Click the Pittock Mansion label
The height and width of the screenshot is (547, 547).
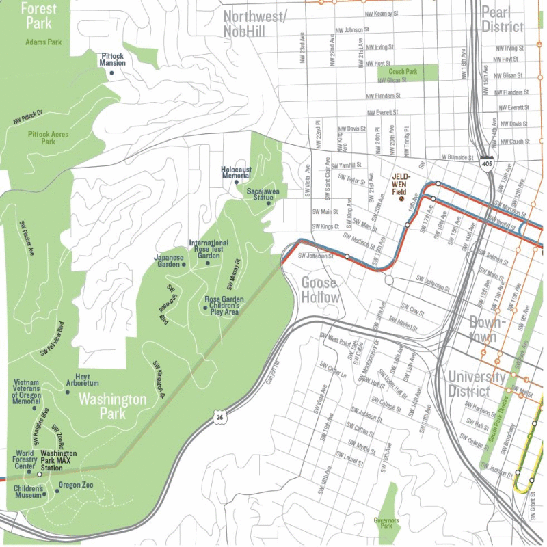pyautogui.click(x=114, y=59)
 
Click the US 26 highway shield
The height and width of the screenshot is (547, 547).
pyautogui.click(x=217, y=416)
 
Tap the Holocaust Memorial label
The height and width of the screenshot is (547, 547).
pyautogui.click(x=236, y=172)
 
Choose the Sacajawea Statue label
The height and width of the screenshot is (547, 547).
pyautogui.click(x=263, y=195)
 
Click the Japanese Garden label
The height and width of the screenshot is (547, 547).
pyautogui.click(x=168, y=261)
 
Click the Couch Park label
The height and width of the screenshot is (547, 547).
pyautogui.click(x=403, y=71)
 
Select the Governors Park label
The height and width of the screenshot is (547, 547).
pyautogui.click(x=386, y=523)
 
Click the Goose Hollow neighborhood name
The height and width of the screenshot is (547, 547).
pyautogui.click(x=320, y=290)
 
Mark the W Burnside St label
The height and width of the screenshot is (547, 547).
pyautogui.click(x=457, y=157)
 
